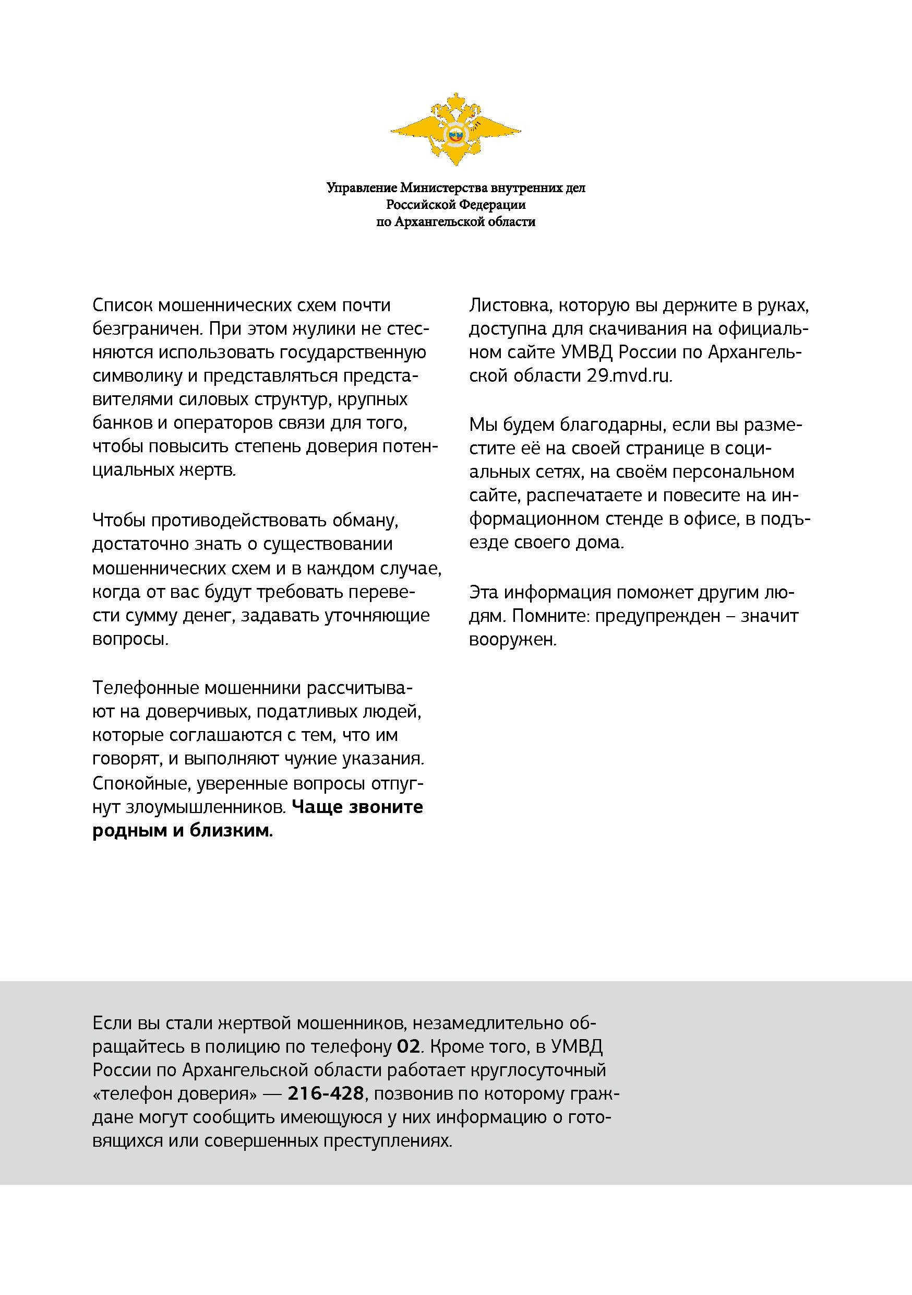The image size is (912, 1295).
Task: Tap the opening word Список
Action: [122, 305]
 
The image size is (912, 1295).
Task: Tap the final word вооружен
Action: [513, 640]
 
